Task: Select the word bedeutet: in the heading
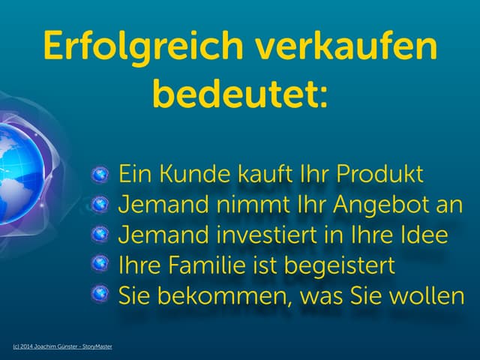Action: [240, 95]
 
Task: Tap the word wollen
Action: [427, 296]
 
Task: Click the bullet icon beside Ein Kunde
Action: [101, 175]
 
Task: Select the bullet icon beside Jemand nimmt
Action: [101, 205]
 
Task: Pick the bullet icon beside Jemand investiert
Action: [101, 235]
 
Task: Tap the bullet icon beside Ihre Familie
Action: [101, 265]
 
